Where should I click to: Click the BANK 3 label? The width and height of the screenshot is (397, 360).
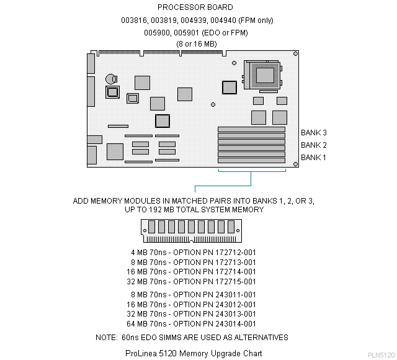pyautogui.click(x=313, y=132)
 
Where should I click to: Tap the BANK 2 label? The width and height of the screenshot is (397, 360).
pyautogui.click(x=313, y=145)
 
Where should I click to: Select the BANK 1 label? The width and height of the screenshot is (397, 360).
pyautogui.click(x=313, y=157)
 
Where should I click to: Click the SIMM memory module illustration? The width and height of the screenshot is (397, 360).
pyautogui.click(x=190, y=231)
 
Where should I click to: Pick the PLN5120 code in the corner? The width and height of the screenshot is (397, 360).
pyautogui.click(x=380, y=355)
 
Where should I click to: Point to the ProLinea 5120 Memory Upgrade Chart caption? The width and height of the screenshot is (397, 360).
pyautogui.click(x=194, y=353)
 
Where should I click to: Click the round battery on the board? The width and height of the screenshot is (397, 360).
pyautogui.click(x=112, y=79)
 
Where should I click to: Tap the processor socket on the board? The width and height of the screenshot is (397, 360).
pyautogui.click(x=262, y=75)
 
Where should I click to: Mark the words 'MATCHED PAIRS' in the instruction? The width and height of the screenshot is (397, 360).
pyautogui.click(x=180, y=201)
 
